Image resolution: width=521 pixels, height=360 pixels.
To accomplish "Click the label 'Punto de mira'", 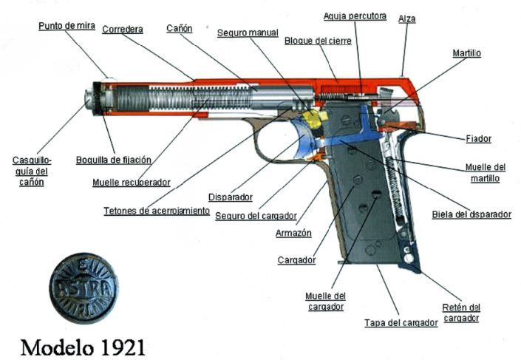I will (x=66, y=26).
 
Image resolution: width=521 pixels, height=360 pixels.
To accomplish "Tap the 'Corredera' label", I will (x=123, y=30).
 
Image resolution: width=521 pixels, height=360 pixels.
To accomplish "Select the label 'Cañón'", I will (x=180, y=28).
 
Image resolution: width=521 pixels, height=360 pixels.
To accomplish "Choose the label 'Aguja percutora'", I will (x=355, y=16).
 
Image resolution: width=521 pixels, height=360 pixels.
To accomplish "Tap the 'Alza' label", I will (x=406, y=18).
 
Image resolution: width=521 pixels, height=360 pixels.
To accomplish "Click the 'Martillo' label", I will (x=467, y=53).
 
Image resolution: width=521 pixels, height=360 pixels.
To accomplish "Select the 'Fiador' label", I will (x=478, y=138).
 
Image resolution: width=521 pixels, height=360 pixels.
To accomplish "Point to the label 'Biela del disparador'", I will (x=471, y=214).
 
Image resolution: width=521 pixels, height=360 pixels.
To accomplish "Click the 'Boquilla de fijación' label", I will (x=114, y=159).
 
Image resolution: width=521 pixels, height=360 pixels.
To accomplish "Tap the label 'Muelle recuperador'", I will (x=132, y=182).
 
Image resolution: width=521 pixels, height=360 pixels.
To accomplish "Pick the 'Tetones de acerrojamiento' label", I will (x=157, y=211).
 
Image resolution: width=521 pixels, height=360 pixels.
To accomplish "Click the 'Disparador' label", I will (x=231, y=197).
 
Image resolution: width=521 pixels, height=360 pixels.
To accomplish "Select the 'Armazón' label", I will (x=293, y=232).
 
